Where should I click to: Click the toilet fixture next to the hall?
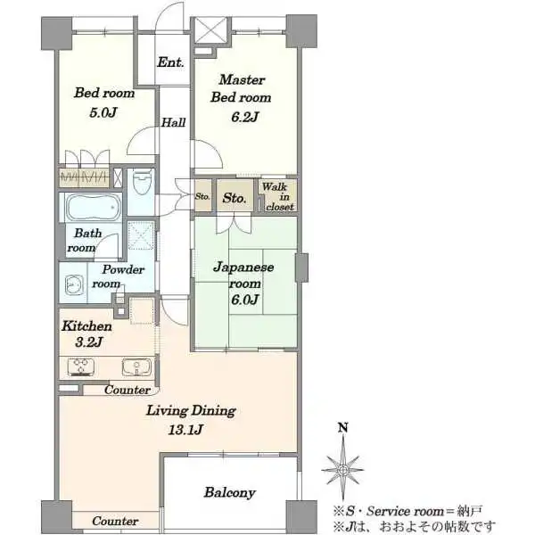click(x=142, y=182)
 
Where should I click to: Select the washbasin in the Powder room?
click(x=74, y=284)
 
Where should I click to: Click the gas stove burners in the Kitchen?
click(x=81, y=366)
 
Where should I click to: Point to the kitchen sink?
click(x=136, y=366)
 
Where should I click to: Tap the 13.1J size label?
click(x=185, y=430)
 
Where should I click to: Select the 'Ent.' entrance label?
click(x=170, y=62)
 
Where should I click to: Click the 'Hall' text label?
click(x=173, y=122)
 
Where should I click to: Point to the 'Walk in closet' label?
click(x=277, y=197)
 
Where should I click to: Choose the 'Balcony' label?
click(x=230, y=493)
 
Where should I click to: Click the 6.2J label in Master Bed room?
click(x=244, y=117)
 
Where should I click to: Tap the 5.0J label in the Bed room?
click(x=103, y=112)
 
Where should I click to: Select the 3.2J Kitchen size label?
click(x=88, y=342)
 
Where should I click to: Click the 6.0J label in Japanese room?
click(x=244, y=300)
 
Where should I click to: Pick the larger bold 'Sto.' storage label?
click(x=235, y=198)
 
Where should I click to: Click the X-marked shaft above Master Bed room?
click(x=210, y=30)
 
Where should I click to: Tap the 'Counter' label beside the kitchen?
click(x=128, y=390)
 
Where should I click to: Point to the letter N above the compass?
click(x=343, y=427)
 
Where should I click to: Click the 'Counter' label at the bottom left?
click(x=115, y=521)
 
